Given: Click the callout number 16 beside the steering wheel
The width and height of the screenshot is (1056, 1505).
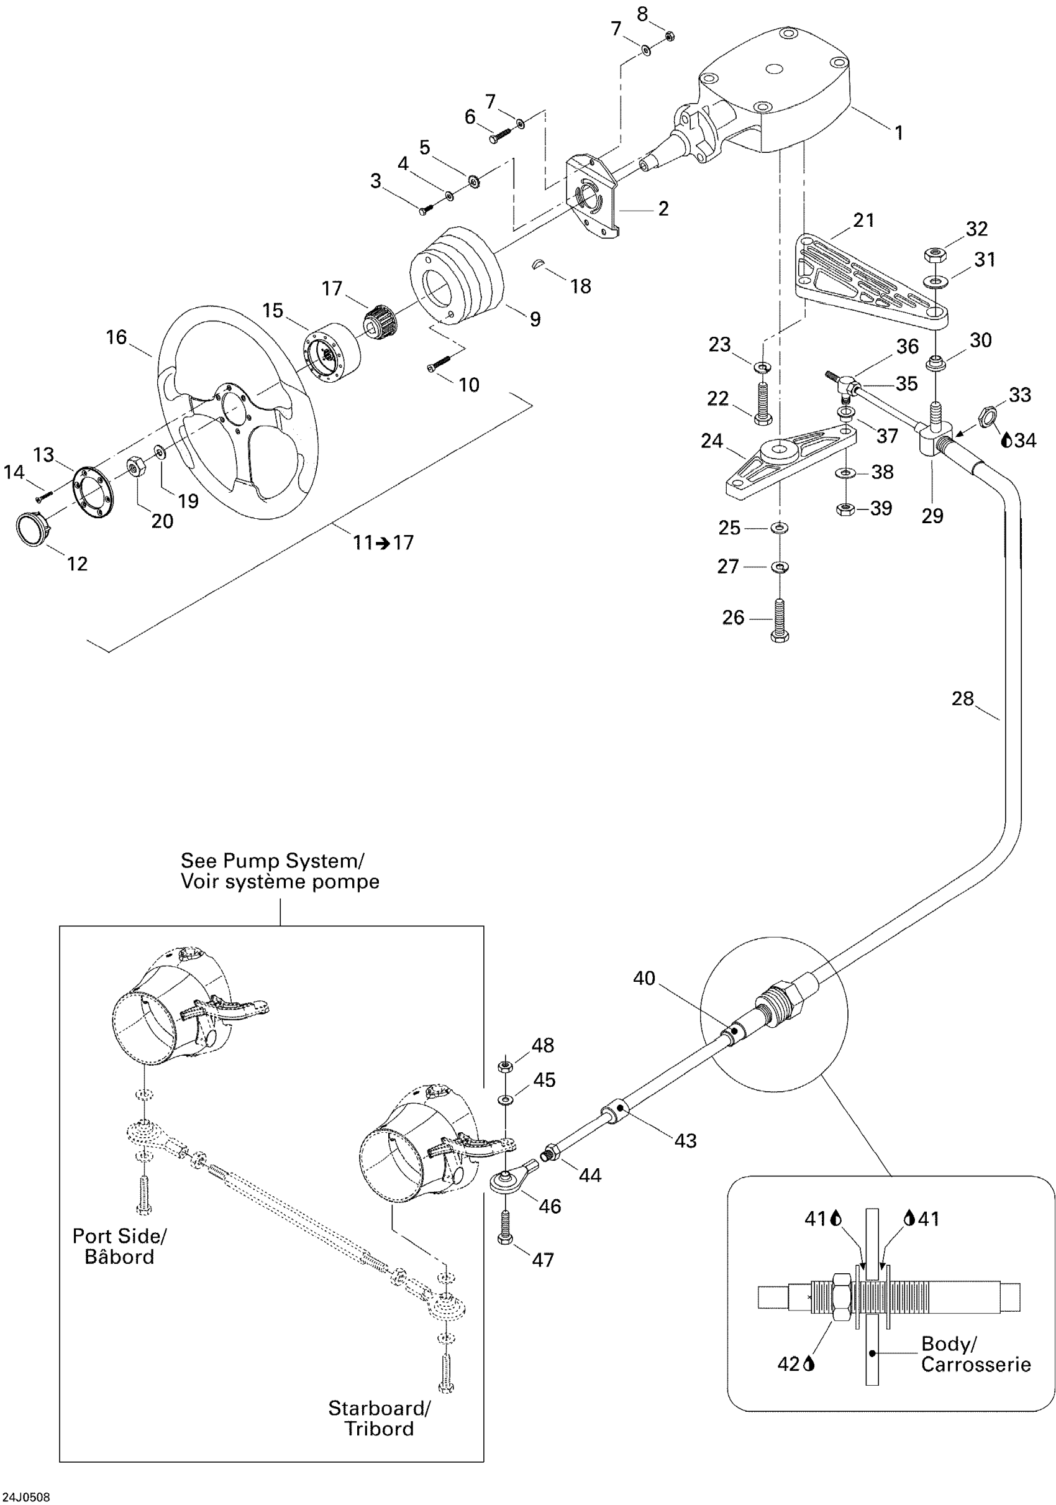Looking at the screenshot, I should pyautogui.click(x=116, y=337).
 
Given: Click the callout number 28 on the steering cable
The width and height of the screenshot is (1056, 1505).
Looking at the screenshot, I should pyautogui.click(x=962, y=698).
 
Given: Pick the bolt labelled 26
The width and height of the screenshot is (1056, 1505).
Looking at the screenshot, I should pyautogui.click(x=780, y=620).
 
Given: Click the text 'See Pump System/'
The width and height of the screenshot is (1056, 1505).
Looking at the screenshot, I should pyautogui.click(x=272, y=861).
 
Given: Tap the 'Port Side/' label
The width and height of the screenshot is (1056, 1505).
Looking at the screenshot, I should pyautogui.click(x=119, y=1237).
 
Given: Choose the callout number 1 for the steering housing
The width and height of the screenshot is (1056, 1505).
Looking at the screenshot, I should pyautogui.click(x=899, y=133).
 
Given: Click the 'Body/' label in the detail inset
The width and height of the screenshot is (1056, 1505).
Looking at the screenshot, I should pyautogui.click(x=948, y=1343).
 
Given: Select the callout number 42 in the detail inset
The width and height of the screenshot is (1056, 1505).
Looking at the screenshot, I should pyautogui.click(x=788, y=1364).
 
